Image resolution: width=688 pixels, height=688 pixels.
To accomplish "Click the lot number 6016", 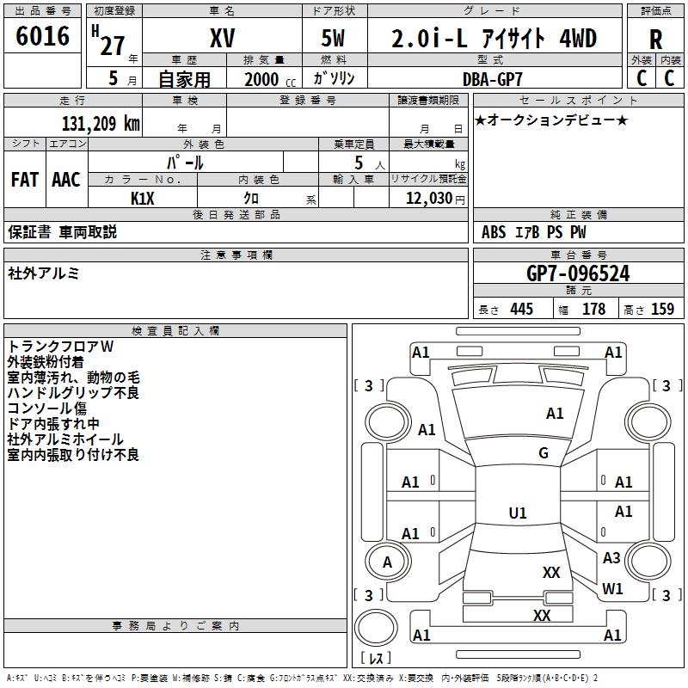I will pos(43,36).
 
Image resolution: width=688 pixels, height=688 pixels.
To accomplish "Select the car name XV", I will pos(222,38).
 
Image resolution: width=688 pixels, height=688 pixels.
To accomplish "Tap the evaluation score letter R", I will pos(655,39).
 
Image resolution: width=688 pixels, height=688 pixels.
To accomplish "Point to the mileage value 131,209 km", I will pos(101,124).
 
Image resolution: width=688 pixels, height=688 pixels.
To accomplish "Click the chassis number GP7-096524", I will pos(578,274).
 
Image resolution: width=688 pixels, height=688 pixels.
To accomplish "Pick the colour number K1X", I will pos(142,197).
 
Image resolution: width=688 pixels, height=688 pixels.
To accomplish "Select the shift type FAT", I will pos(24,180).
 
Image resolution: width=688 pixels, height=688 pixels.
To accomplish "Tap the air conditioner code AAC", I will pos(66,180).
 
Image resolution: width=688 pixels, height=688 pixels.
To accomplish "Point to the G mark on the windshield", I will pos(543,453).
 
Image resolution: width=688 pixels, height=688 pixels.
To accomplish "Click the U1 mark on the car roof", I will pos(518,513).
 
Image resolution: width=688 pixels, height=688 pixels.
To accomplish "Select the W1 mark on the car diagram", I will pos(612,589).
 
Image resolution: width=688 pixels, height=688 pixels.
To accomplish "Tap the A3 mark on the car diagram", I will pos(611,558).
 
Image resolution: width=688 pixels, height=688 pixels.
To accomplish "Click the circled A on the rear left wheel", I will pos(387,562).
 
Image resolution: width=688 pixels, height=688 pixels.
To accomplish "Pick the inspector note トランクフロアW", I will pos(61,347).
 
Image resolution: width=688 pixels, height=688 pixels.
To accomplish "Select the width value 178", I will pos(594,310).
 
